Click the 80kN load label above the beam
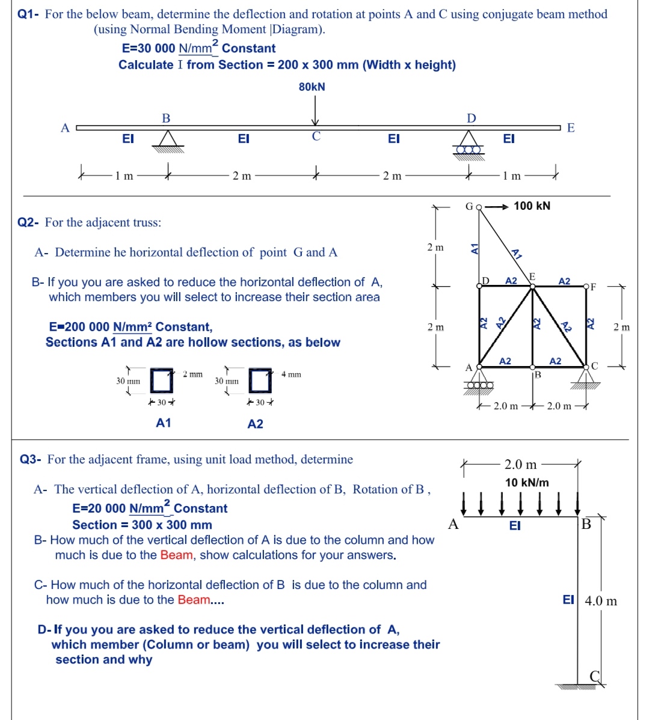(x=312, y=87)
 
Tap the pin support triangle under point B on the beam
(x=167, y=140)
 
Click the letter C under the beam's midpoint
(x=316, y=136)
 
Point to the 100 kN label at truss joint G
(x=532, y=206)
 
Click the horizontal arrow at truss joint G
(x=496, y=207)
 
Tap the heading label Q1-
(x=28, y=14)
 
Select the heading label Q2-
(x=28, y=222)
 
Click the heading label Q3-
(x=31, y=460)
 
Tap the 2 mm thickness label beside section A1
(x=192, y=374)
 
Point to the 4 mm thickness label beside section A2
(x=291, y=374)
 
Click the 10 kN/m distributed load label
(x=527, y=483)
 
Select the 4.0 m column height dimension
(x=601, y=601)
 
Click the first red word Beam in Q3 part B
(x=176, y=555)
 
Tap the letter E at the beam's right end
(x=571, y=127)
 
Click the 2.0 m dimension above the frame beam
(x=520, y=465)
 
